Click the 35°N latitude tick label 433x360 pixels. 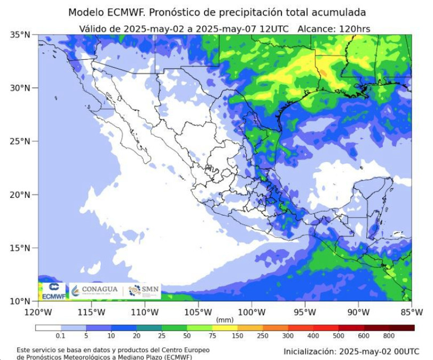coord(20,35)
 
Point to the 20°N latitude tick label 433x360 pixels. coord(20,195)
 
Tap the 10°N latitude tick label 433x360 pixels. coord(20,301)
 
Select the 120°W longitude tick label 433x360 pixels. coord(38,311)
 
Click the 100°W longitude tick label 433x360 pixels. coord(251,311)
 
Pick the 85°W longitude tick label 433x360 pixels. coord(412,311)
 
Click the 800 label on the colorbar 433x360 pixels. coord(389,336)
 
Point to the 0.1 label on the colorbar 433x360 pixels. coord(61,336)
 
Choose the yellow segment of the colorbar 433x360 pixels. coord(225,327)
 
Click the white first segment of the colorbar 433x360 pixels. coord(48,327)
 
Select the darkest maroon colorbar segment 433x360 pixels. coord(401,327)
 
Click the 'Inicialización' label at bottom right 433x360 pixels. coord(310,352)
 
